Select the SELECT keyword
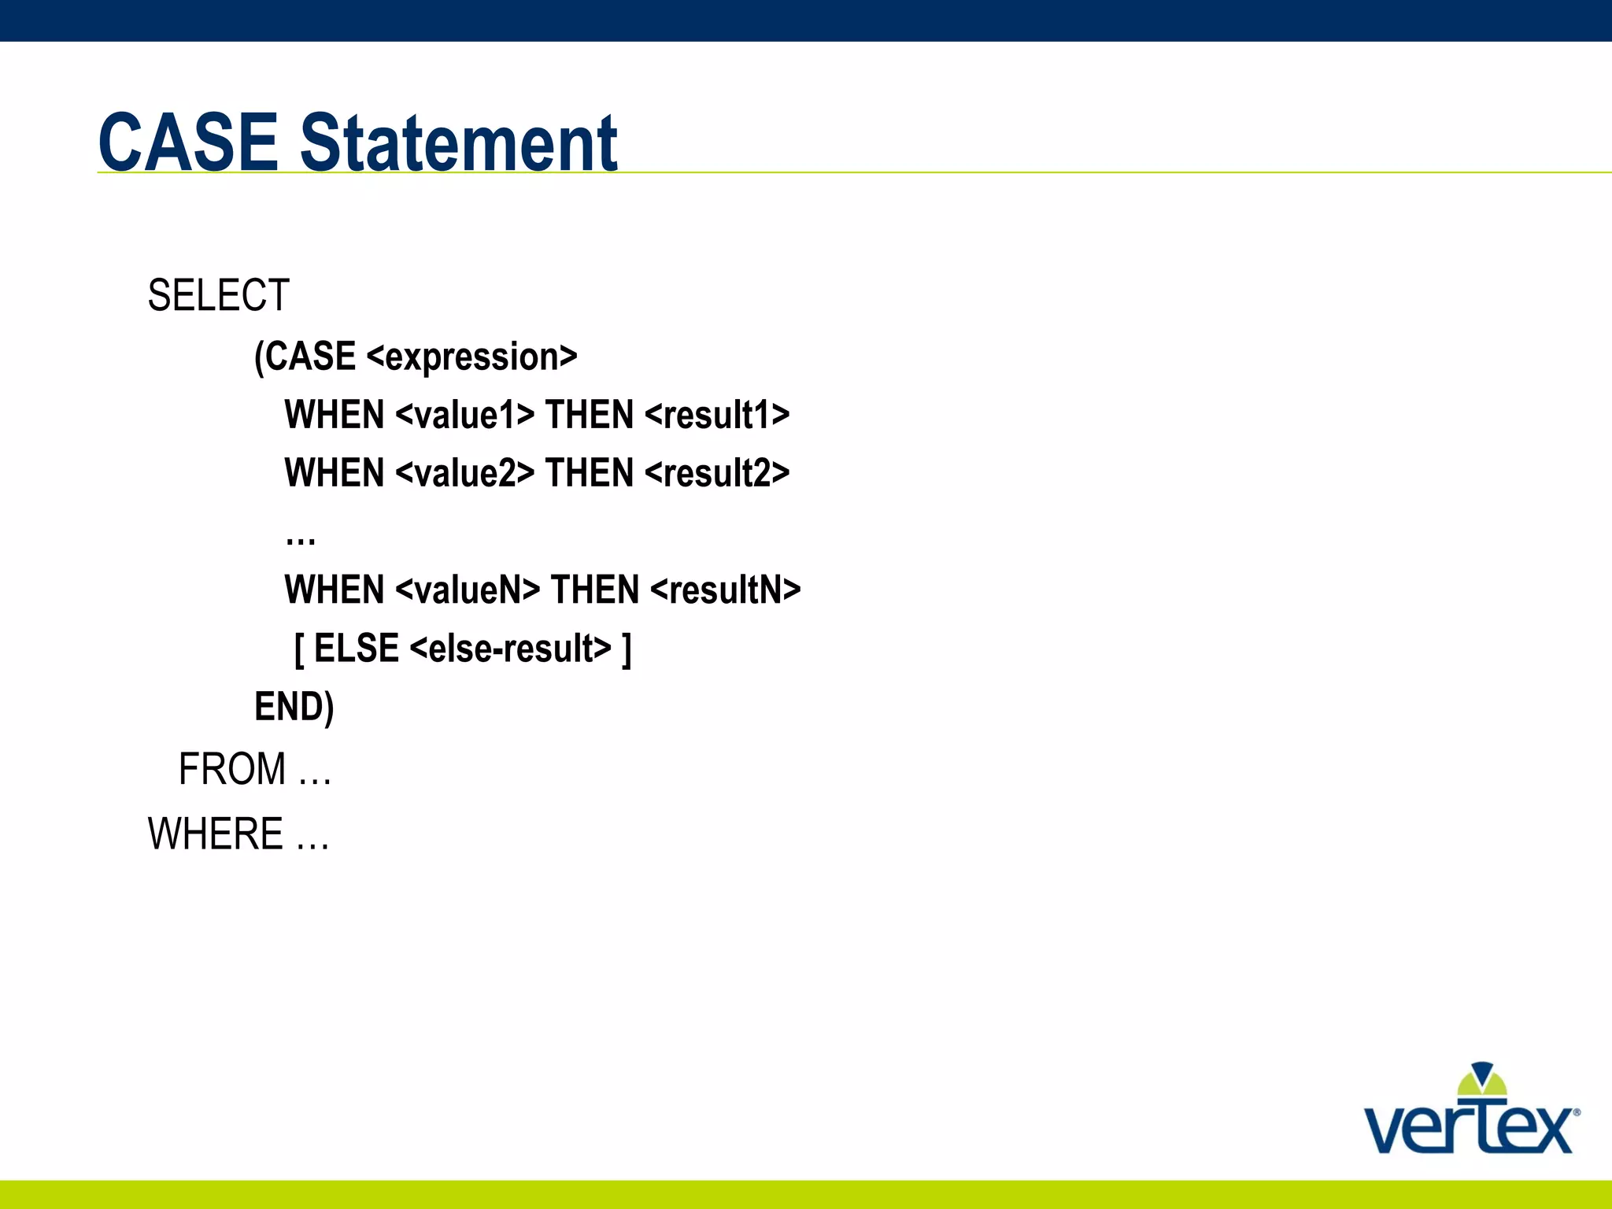tap(219, 296)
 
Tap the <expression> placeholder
tap(472, 357)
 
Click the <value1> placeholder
tap(464, 415)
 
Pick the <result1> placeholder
tap(717, 415)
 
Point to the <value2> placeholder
tap(464, 473)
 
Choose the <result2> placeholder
tap(717, 473)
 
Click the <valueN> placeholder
tap(468, 590)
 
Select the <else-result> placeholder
tap(510, 649)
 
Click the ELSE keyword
tap(357, 649)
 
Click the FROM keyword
tap(232, 769)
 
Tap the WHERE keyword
tap(216, 834)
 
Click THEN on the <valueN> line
tap(594, 590)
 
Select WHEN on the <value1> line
tap(334, 415)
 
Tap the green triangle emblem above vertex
tap(1482, 1080)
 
